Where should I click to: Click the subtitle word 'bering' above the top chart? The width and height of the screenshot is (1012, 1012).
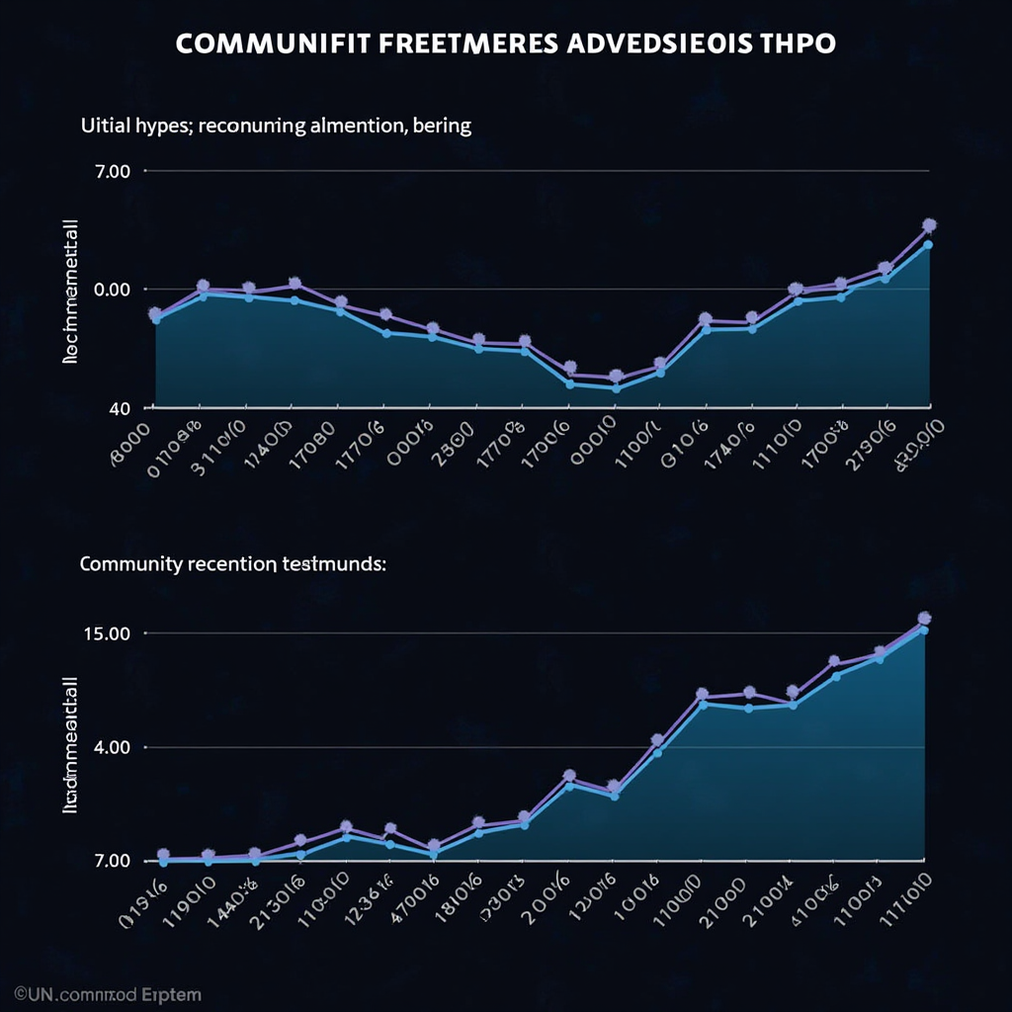pyautogui.click(x=442, y=126)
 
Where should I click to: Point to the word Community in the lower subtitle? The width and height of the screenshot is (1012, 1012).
pyautogui.click(x=129, y=565)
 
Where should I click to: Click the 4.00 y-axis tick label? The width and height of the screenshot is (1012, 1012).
pyautogui.click(x=110, y=747)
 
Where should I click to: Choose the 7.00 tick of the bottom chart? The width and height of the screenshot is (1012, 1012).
pyautogui.click(x=110, y=861)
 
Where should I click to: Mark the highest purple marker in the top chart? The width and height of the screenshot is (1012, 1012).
pyautogui.click(x=928, y=225)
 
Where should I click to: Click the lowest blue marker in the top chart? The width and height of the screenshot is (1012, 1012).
pyautogui.click(x=617, y=387)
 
